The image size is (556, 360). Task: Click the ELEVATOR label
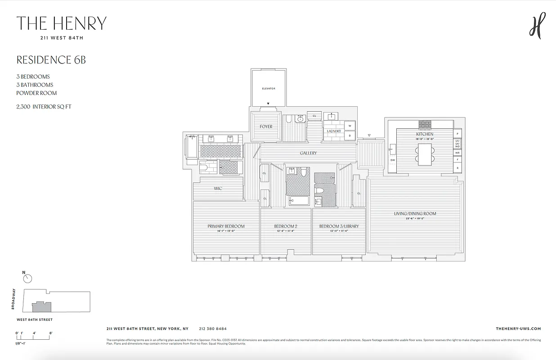click(268, 89)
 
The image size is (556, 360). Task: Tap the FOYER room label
click(266, 127)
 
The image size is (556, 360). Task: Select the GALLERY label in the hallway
click(308, 153)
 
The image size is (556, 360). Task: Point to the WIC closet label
click(218, 189)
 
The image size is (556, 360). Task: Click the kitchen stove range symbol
click(425, 124)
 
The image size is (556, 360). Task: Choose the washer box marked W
click(350, 126)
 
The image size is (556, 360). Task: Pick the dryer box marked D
click(350, 135)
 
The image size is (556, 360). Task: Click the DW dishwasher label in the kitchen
click(393, 160)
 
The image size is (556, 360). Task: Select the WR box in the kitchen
click(457, 153)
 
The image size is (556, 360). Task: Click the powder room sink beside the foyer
click(300, 120)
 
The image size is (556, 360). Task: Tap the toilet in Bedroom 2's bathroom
click(304, 172)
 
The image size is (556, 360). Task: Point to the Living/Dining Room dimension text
click(415, 219)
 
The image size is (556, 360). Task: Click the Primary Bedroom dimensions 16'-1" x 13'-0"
click(226, 231)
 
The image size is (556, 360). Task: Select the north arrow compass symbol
click(27, 279)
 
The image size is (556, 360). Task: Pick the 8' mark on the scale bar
click(51, 333)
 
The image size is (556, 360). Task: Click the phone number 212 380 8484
click(213, 329)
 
